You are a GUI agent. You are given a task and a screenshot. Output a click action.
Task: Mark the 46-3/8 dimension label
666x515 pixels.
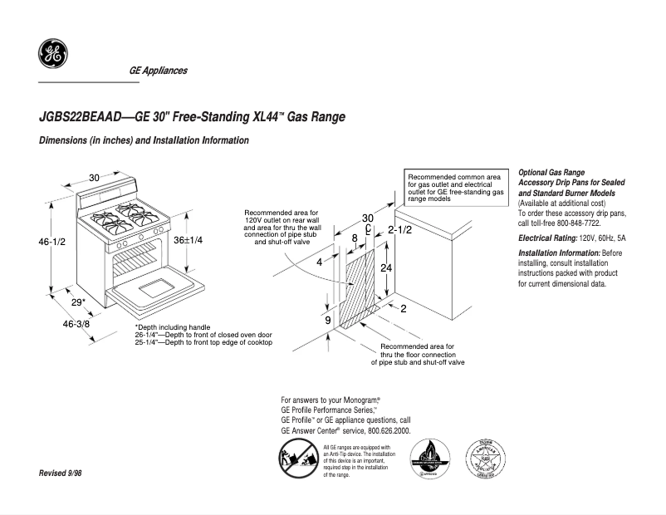coord(77,322)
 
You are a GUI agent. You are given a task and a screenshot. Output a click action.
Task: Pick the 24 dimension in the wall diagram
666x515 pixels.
coord(385,268)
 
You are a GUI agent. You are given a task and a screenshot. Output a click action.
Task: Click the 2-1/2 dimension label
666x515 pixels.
coord(400,229)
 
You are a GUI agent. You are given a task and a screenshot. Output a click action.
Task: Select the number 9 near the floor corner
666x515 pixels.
coord(328,320)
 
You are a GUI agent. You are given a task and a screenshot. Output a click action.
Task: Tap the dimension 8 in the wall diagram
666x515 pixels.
coord(355,238)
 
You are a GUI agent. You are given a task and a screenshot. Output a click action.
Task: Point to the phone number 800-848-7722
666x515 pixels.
coord(573,224)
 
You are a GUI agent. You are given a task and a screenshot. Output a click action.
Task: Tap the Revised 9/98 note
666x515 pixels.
coord(61,473)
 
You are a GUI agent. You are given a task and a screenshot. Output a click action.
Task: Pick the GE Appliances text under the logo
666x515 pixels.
coord(158,71)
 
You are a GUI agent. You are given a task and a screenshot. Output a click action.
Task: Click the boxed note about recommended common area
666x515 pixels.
coord(456,188)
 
